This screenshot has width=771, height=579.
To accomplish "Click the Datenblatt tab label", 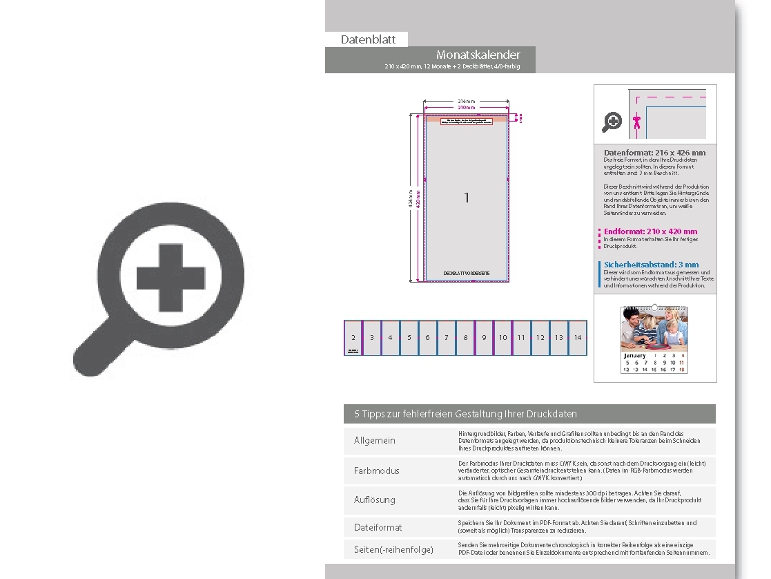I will click(368, 39).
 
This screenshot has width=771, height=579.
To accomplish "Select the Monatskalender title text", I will click(478, 55).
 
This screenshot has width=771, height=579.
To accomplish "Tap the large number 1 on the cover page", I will click(467, 198).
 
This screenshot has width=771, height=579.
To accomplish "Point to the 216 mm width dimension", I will click(467, 101).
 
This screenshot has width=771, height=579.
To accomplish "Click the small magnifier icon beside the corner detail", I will click(612, 122).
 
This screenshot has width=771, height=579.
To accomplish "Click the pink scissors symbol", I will click(637, 122).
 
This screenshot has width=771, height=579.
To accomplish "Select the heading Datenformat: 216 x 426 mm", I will click(654, 152).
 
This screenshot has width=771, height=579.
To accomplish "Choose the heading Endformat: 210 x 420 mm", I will click(650, 231).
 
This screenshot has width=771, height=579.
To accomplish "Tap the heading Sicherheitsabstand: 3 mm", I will click(651, 264).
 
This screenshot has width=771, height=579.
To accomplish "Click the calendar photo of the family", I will click(654, 329).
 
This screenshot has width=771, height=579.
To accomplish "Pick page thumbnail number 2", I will click(353, 337).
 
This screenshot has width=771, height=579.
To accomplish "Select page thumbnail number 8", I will click(465, 337).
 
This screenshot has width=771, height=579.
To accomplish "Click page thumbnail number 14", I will click(578, 337).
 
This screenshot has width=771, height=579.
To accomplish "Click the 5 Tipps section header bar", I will click(529, 414).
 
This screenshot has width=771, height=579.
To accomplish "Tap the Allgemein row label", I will click(375, 441).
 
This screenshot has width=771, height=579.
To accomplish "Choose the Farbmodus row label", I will click(376, 471).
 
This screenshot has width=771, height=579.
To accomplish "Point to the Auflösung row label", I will click(375, 500).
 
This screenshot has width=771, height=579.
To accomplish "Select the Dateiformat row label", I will click(378, 527).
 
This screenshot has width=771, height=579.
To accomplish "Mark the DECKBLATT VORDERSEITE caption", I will click(467, 274).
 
